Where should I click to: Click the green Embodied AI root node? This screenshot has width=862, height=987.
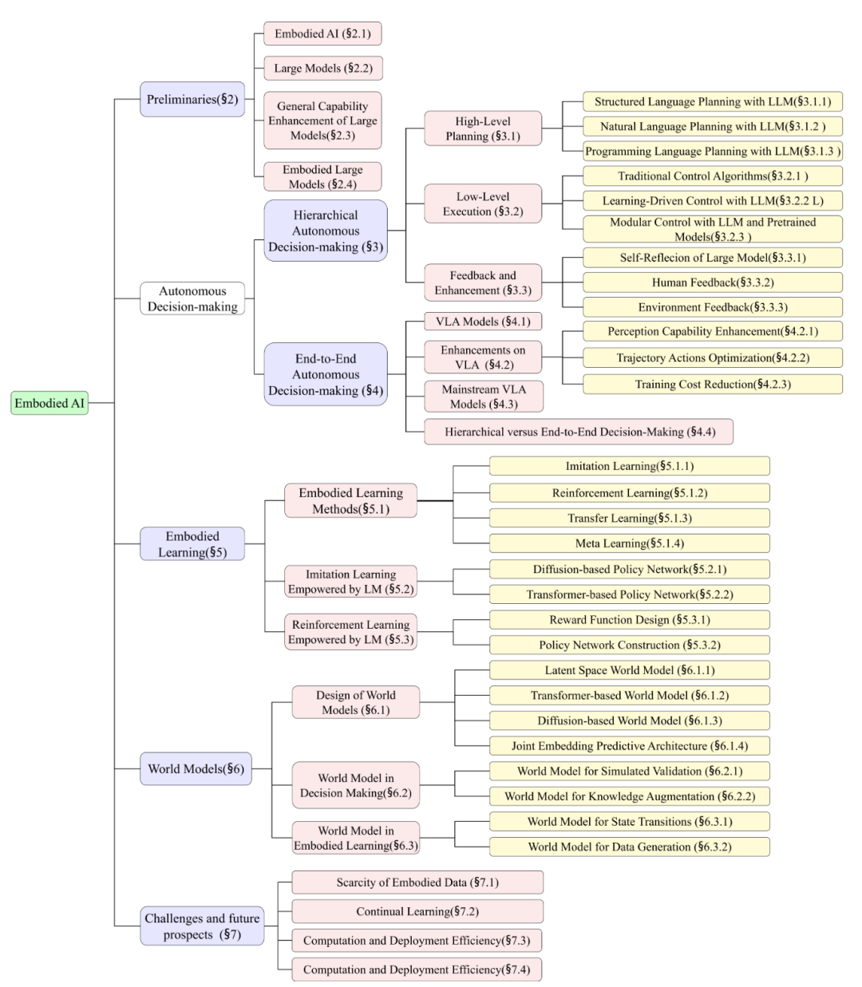(49, 403)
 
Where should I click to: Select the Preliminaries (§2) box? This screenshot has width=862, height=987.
(192, 100)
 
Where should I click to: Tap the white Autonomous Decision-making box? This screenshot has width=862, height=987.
(192, 298)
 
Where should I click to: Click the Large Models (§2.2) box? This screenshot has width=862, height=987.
(323, 69)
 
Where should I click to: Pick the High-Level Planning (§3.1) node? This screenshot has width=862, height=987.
(483, 128)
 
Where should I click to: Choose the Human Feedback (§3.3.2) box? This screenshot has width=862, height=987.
(712, 282)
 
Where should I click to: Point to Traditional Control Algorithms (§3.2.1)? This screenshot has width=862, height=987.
(712, 176)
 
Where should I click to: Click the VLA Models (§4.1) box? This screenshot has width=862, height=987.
(482, 322)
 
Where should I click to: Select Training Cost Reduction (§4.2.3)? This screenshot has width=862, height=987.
(712, 384)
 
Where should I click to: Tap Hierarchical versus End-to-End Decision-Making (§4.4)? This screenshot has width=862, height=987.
(579, 432)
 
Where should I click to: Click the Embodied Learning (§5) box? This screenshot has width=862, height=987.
(192, 544)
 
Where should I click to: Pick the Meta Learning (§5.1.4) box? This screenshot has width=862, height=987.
(629, 543)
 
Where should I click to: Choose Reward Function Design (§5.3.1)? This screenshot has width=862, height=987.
(629, 620)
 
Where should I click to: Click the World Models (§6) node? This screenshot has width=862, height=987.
(196, 769)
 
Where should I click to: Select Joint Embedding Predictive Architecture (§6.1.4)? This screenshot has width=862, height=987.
(629, 746)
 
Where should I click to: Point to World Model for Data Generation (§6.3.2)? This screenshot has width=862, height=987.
(629, 847)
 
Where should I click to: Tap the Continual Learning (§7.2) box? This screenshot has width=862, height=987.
(417, 911)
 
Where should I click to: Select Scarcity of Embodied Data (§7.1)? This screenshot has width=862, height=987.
(417, 882)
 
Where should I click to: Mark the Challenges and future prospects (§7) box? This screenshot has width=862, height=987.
(202, 926)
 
